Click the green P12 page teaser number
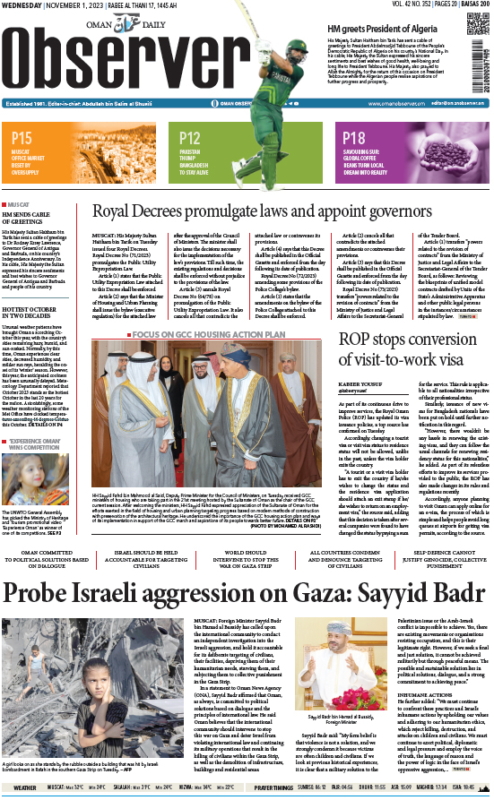[189, 137]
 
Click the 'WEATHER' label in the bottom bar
[24, 787]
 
